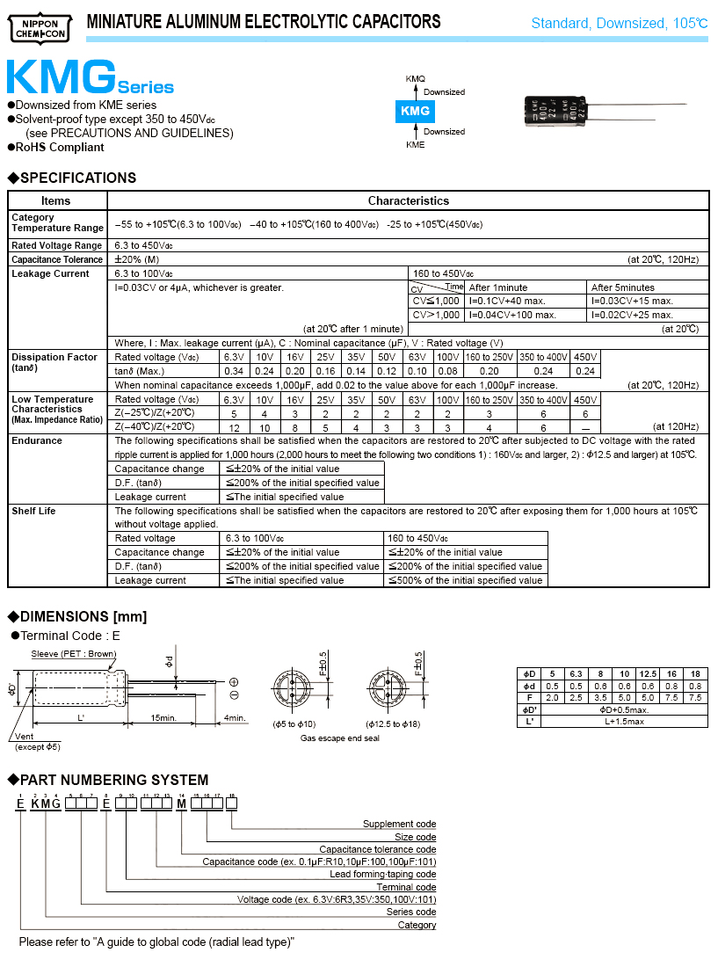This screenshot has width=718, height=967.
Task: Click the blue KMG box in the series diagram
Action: click(x=415, y=111)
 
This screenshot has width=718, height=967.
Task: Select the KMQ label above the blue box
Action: click(x=415, y=79)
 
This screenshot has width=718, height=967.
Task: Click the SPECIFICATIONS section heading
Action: click(x=77, y=178)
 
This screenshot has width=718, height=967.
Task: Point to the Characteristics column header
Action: click(x=408, y=200)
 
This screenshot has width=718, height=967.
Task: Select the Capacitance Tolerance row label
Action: click(x=57, y=259)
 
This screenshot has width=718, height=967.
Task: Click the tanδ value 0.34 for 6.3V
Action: click(x=234, y=371)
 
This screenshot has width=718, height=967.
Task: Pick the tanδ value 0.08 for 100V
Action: click(x=447, y=371)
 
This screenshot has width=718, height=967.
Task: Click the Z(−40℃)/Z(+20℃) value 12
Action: click(x=234, y=426)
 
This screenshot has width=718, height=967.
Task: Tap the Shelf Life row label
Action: click(x=33, y=511)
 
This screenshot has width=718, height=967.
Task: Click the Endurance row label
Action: click(x=37, y=440)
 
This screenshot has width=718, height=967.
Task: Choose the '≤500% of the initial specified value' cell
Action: click(x=465, y=580)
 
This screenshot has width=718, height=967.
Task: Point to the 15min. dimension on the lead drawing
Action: click(x=163, y=718)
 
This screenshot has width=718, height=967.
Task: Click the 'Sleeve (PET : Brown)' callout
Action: click(x=73, y=653)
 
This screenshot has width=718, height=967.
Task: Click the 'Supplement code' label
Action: click(x=399, y=824)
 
